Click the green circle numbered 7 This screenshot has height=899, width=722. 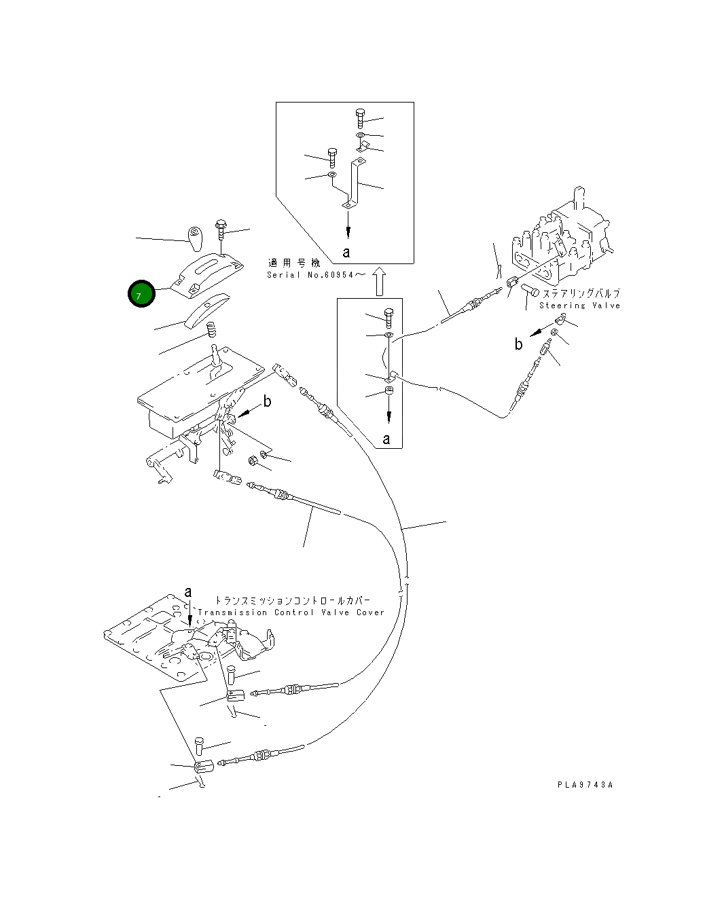pos(141,294)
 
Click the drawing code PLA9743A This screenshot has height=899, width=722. pos(585,785)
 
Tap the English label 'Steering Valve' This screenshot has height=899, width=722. pos(579,306)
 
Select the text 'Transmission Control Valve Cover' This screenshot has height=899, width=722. pos(291,612)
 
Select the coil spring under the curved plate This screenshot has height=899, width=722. pos(211,331)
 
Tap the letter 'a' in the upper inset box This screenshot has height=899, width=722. pos(346,253)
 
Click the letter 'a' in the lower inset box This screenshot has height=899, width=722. pos(386,439)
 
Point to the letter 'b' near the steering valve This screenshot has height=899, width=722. pos(518,344)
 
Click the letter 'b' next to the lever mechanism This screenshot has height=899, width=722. pos(268,401)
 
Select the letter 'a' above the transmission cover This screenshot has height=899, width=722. pos(188,592)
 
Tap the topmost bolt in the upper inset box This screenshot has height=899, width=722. pos(360,118)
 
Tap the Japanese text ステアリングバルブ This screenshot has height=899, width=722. pos(581,294)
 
